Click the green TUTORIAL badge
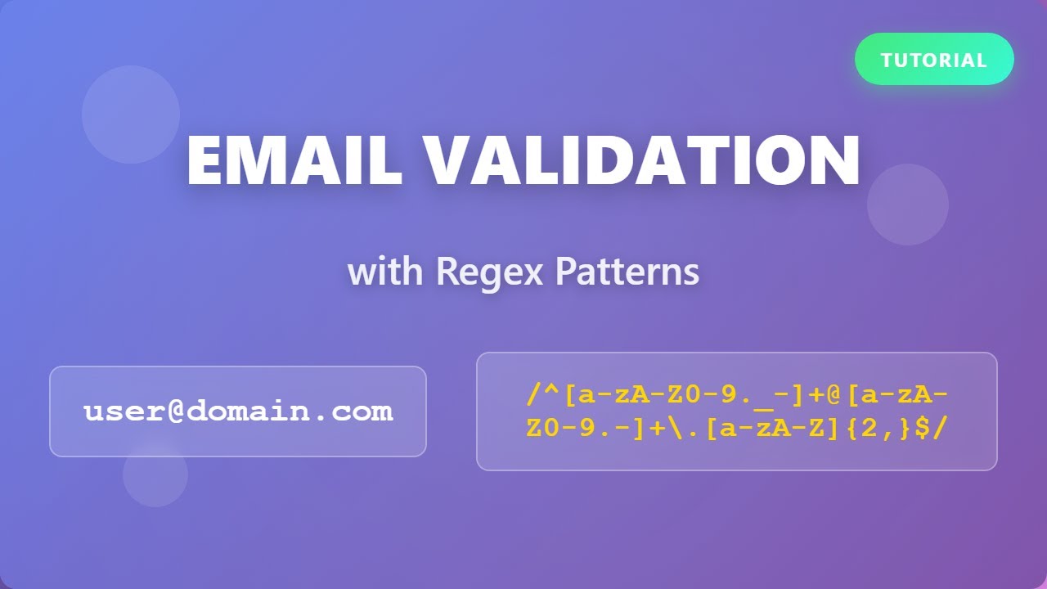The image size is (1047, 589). (x=934, y=60)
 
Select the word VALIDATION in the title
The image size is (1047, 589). (x=641, y=161)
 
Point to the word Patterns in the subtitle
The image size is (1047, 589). (x=627, y=272)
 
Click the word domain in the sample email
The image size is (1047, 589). (x=247, y=411)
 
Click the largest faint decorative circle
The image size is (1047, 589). (x=131, y=115)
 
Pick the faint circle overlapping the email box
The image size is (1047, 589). (x=155, y=474)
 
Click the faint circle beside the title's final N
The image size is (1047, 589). (x=908, y=205)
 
